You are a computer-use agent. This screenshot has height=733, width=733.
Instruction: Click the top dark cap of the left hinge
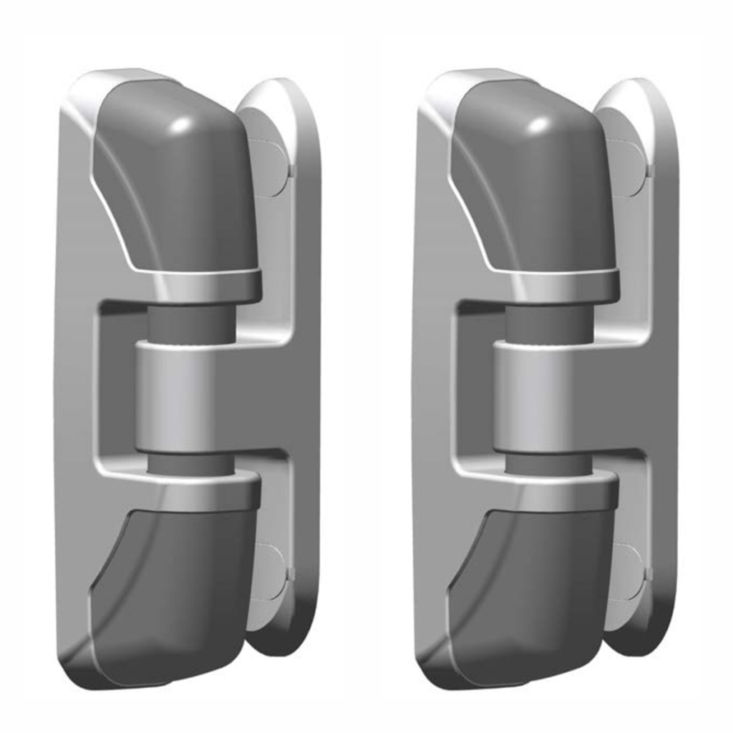click(x=179, y=186)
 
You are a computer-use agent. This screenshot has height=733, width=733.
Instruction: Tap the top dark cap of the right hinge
click(x=537, y=186)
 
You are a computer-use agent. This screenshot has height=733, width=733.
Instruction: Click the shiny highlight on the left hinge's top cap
click(x=180, y=125)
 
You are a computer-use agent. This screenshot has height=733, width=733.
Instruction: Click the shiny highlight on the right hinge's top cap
click(x=538, y=125)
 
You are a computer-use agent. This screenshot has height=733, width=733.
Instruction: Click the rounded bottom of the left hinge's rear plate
click(x=286, y=637)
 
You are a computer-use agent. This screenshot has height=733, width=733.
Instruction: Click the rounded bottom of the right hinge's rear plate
click(x=644, y=637)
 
